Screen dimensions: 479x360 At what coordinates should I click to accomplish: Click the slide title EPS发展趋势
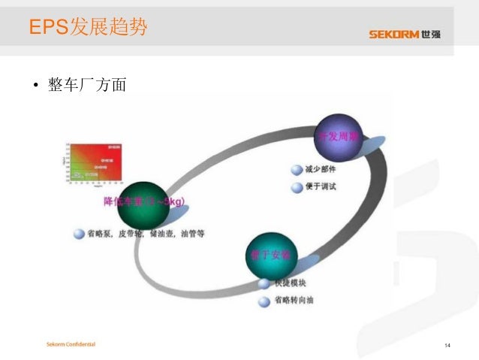pos(88,27)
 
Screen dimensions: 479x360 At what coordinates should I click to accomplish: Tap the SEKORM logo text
pos(393,34)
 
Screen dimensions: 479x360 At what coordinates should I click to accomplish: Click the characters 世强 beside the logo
pos(431,34)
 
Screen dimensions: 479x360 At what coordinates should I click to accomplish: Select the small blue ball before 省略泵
pos(78,234)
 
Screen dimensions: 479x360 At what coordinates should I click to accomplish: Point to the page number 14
pos(447,346)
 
